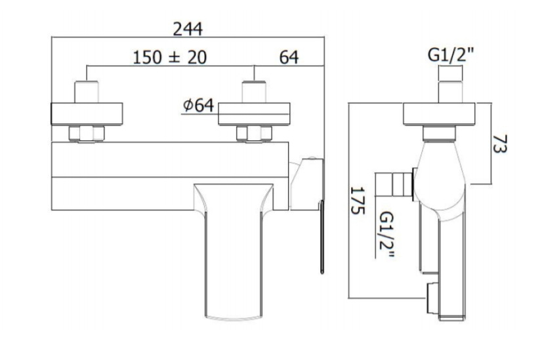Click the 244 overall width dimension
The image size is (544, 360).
tap(188, 29)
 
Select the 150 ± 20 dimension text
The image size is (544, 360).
tap(170, 57)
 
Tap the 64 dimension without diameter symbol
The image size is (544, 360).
tap(289, 57)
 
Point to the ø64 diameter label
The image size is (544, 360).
tap(198, 105)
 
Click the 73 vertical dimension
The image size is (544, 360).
tap(500, 144)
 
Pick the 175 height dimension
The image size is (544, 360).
tap(358, 201)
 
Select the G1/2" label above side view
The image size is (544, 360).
tap(451, 55)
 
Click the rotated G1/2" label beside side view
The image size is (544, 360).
tap(387, 235)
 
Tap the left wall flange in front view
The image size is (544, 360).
tap(87, 113)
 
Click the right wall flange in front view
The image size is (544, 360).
tap(254, 113)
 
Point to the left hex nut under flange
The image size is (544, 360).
tap(87, 134)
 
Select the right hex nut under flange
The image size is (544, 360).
tap(254, 134)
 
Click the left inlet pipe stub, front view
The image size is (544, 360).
tap(87, 92)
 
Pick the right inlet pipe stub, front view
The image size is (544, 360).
tap(254, 92)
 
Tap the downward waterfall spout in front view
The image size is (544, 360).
tap(233, 251)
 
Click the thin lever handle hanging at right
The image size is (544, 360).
tap(322, 237)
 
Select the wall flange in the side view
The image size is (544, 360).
tap(439, 113)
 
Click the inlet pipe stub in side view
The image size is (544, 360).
tap(451, 85)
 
